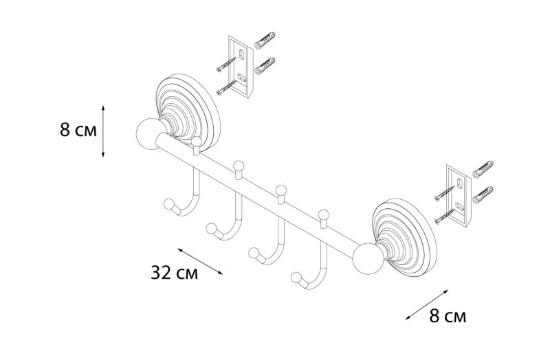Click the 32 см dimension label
coord(175,273)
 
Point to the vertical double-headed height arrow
coord(103,131)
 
